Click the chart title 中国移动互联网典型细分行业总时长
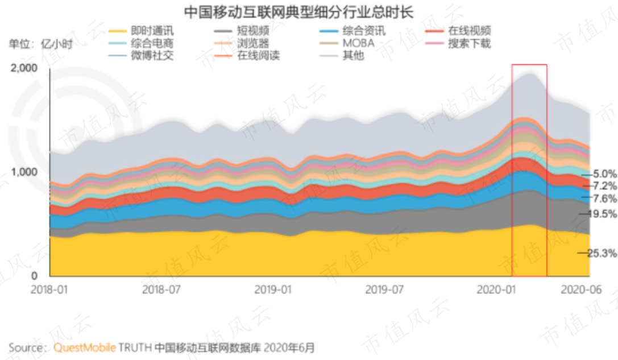[298, 12]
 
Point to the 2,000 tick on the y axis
[24, 68]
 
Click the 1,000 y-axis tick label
[24, 172]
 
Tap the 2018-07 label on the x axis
[161, 289]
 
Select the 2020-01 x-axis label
[496, 289]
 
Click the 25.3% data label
[602, 253]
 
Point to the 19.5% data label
[602, 214]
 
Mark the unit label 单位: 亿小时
[40, 44]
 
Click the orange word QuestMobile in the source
[85, 347]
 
